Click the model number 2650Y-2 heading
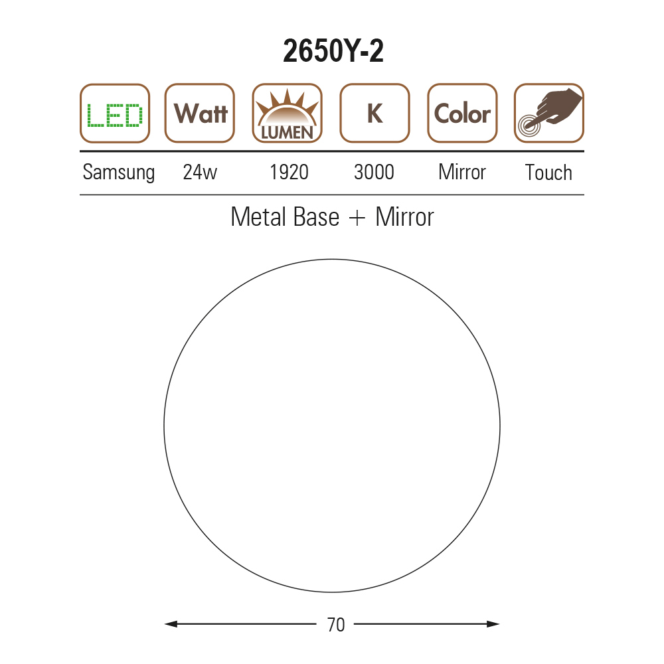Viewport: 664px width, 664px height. pos(333,51)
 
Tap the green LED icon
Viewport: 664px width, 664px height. pos(115,114)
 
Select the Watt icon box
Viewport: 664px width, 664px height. pos(200,113)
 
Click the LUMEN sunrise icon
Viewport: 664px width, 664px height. pos(287,113)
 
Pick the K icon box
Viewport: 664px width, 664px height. pos(374,113)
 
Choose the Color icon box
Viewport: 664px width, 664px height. pos(462,113)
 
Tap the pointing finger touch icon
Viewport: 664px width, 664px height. pos(549,113)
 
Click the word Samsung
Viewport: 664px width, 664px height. pos(119,173)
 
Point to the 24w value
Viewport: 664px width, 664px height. pos(200,173)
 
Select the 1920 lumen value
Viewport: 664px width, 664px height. pos(290,173)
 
